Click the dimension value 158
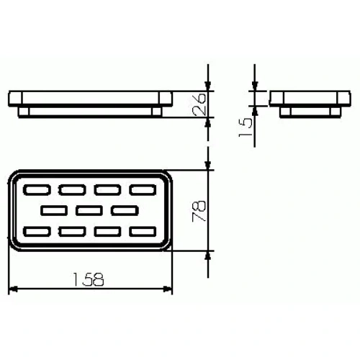tap(89, 279)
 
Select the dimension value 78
tap(199, 211)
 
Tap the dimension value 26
tap(199, 104)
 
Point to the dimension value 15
tap(246, 127)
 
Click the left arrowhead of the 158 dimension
tap(13, 289)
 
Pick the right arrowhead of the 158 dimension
tap(168, 289)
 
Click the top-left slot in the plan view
tap(37, 190)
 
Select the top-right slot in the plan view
tap(143, 190)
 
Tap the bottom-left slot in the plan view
tap(37, 232)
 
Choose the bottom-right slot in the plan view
tap(143, 232)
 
